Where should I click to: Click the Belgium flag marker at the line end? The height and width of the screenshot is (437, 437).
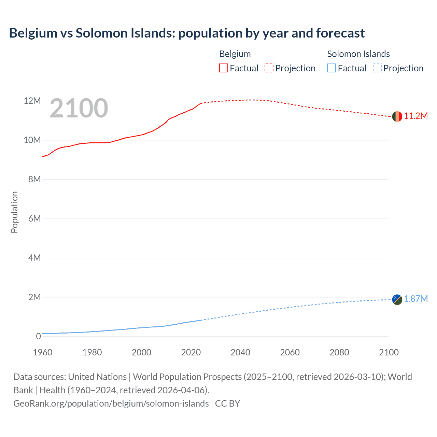pos(397,116)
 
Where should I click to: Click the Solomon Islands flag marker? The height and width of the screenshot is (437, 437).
pos(397,299)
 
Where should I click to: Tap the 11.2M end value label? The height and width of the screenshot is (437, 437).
pos(416,116)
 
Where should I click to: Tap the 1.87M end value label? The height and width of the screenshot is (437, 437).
pos(416,299)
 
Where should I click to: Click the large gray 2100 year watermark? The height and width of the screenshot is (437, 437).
pos(79,109)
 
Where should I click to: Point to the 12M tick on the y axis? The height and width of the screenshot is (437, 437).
pos(32,101)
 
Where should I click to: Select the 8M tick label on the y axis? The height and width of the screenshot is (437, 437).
pos(34,180)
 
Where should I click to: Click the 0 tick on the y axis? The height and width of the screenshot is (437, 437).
pos(38,336)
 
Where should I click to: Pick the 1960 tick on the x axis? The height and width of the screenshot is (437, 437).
pos(43,352)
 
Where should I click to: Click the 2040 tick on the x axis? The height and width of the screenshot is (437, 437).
pos(240,352)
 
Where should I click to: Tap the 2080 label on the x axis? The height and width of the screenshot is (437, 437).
pos(339,352)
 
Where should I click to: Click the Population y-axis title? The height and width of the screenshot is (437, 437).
pos(14,212)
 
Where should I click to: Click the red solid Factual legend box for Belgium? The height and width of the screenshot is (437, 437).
pos(223,68)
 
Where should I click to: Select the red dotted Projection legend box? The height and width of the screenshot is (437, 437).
pos(269,68)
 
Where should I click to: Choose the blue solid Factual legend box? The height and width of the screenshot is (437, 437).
pos(332,68)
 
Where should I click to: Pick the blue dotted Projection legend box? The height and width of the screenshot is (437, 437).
pos(377,68)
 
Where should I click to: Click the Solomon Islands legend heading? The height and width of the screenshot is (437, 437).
pos(358,54)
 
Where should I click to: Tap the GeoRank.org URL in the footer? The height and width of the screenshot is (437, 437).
pos(111,404)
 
